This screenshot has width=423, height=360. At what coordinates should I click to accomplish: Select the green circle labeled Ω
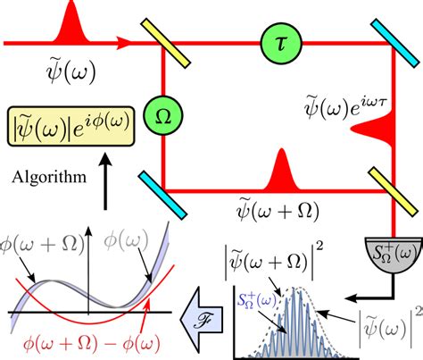click(162, 117)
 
